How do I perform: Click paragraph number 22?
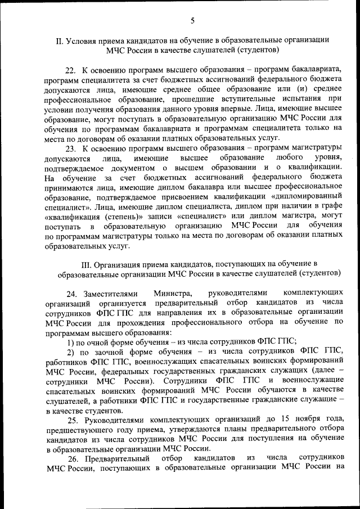coord(71,70)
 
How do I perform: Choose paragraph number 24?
coord(71,293)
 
